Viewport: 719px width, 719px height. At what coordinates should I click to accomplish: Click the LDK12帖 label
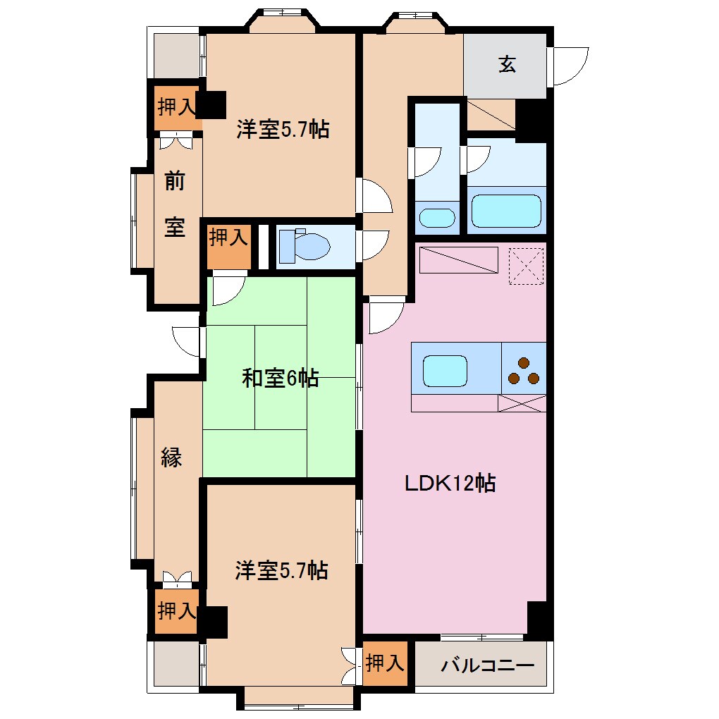tap(450, 484)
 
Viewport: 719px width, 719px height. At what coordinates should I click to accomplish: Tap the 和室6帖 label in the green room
tap(280, 379)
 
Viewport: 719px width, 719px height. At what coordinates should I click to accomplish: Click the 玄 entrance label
tap(507, 65)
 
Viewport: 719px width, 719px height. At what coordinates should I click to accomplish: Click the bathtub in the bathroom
tap(505, 211)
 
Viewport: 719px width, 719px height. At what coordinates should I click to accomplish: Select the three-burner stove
tap(524, 371)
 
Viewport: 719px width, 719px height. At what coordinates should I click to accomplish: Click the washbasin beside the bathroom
tap(437, 217)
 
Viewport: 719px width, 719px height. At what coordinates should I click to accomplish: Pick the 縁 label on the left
tap(171, 458)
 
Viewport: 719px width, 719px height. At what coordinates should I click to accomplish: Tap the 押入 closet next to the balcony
tap(385, 663)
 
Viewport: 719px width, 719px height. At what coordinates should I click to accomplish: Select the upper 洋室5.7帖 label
tap(282, 129)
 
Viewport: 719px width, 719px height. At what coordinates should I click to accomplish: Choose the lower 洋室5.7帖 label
tap(281, 570)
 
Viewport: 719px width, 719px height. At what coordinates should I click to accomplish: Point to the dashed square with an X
tap(527, 266)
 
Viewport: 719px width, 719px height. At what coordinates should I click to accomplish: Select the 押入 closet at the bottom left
tap(176, 610)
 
